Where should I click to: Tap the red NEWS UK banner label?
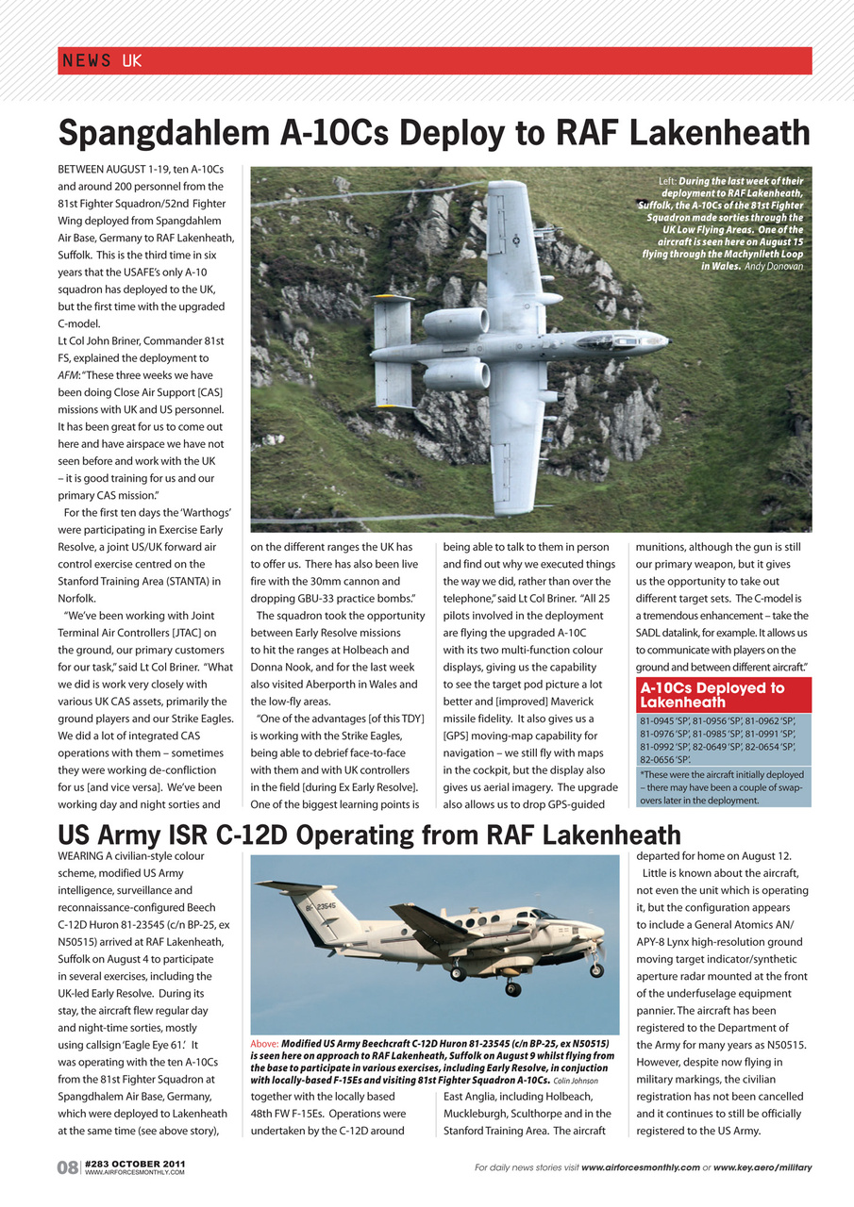tap(102, 61)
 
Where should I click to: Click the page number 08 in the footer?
tap(68, 1167)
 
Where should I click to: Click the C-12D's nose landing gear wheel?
tap(596, 969)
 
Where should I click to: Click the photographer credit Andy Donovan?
tap(774, 267)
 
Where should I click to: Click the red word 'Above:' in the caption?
tap(265, 1045)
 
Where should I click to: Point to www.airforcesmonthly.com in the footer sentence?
tap(641, 1167)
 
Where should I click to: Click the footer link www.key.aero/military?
tap(762, 1167)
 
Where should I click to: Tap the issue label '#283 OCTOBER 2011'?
tap(135, 1164)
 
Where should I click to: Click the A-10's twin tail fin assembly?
tap(393, 350)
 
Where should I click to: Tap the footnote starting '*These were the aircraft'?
tap(722, 774)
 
